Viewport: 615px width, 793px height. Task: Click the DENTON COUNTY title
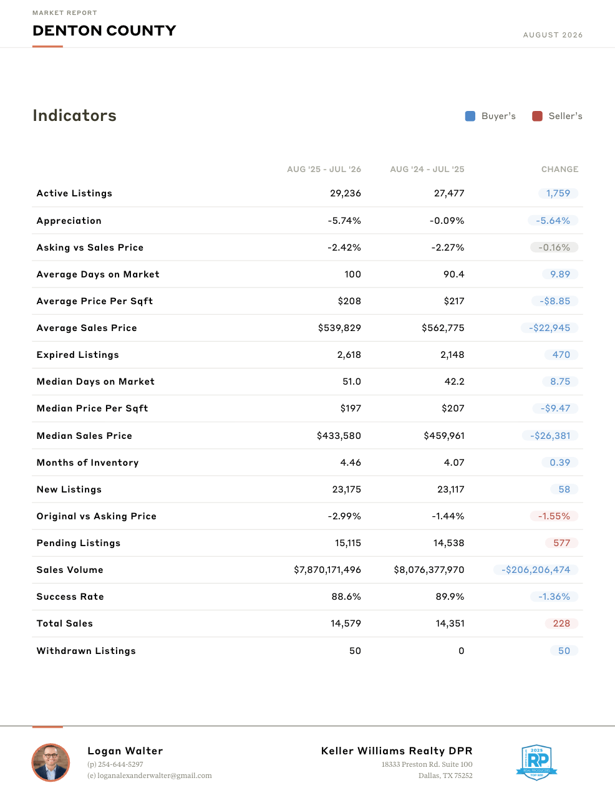[104, 31]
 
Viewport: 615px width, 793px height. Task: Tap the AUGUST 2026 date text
[553, 35]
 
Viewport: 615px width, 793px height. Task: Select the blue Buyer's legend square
[470, 116]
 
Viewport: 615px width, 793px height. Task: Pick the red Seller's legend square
[537, 116]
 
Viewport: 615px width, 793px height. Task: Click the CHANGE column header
[559, 170]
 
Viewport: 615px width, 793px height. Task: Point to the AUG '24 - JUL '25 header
[427, 170]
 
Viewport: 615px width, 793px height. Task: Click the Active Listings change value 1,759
[558, 193]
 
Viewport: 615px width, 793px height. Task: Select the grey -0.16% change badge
[554, 248]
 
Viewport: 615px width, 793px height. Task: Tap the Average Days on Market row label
[98, 274]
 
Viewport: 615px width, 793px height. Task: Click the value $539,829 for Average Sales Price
[339, 328]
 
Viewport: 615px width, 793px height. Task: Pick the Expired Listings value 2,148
[452, 355]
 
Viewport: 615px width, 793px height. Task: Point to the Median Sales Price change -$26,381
[550, 435]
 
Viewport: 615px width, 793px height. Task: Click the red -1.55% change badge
[554, 516]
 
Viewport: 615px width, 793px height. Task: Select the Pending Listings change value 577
[561, 543]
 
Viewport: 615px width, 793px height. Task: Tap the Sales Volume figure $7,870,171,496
[327, 570]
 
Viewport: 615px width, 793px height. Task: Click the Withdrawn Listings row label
[86, 651]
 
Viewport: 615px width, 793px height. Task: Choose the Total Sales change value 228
[561, 623]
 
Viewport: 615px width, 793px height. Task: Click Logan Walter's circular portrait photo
[51, 762]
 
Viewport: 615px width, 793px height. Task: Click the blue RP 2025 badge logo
[536, 762]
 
